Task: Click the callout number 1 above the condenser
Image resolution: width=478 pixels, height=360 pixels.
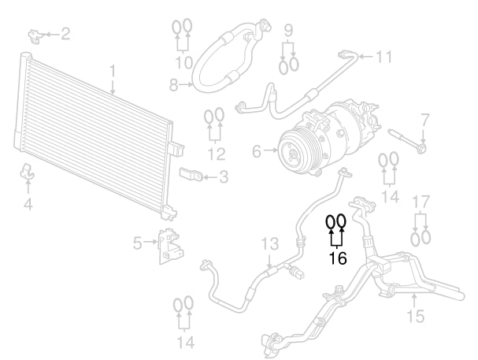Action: point(113,71)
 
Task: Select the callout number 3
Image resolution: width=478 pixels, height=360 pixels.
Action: point(224,177)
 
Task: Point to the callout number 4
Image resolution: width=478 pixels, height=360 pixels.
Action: point(28,205)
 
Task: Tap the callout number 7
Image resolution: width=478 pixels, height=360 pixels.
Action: point(424,121)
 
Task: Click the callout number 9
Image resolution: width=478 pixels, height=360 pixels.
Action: point(289,31)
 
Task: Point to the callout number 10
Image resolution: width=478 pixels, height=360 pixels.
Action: point(183,61)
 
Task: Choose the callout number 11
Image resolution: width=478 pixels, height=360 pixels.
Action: point(384,57)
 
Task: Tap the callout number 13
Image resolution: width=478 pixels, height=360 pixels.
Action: point(270,243)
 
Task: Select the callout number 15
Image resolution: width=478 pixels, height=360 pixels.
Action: point(415,316)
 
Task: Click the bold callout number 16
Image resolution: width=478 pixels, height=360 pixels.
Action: point(337,258)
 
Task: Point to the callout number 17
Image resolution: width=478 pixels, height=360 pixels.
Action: point(421,201)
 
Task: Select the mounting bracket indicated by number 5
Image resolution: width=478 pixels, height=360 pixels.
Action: point(168,245)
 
